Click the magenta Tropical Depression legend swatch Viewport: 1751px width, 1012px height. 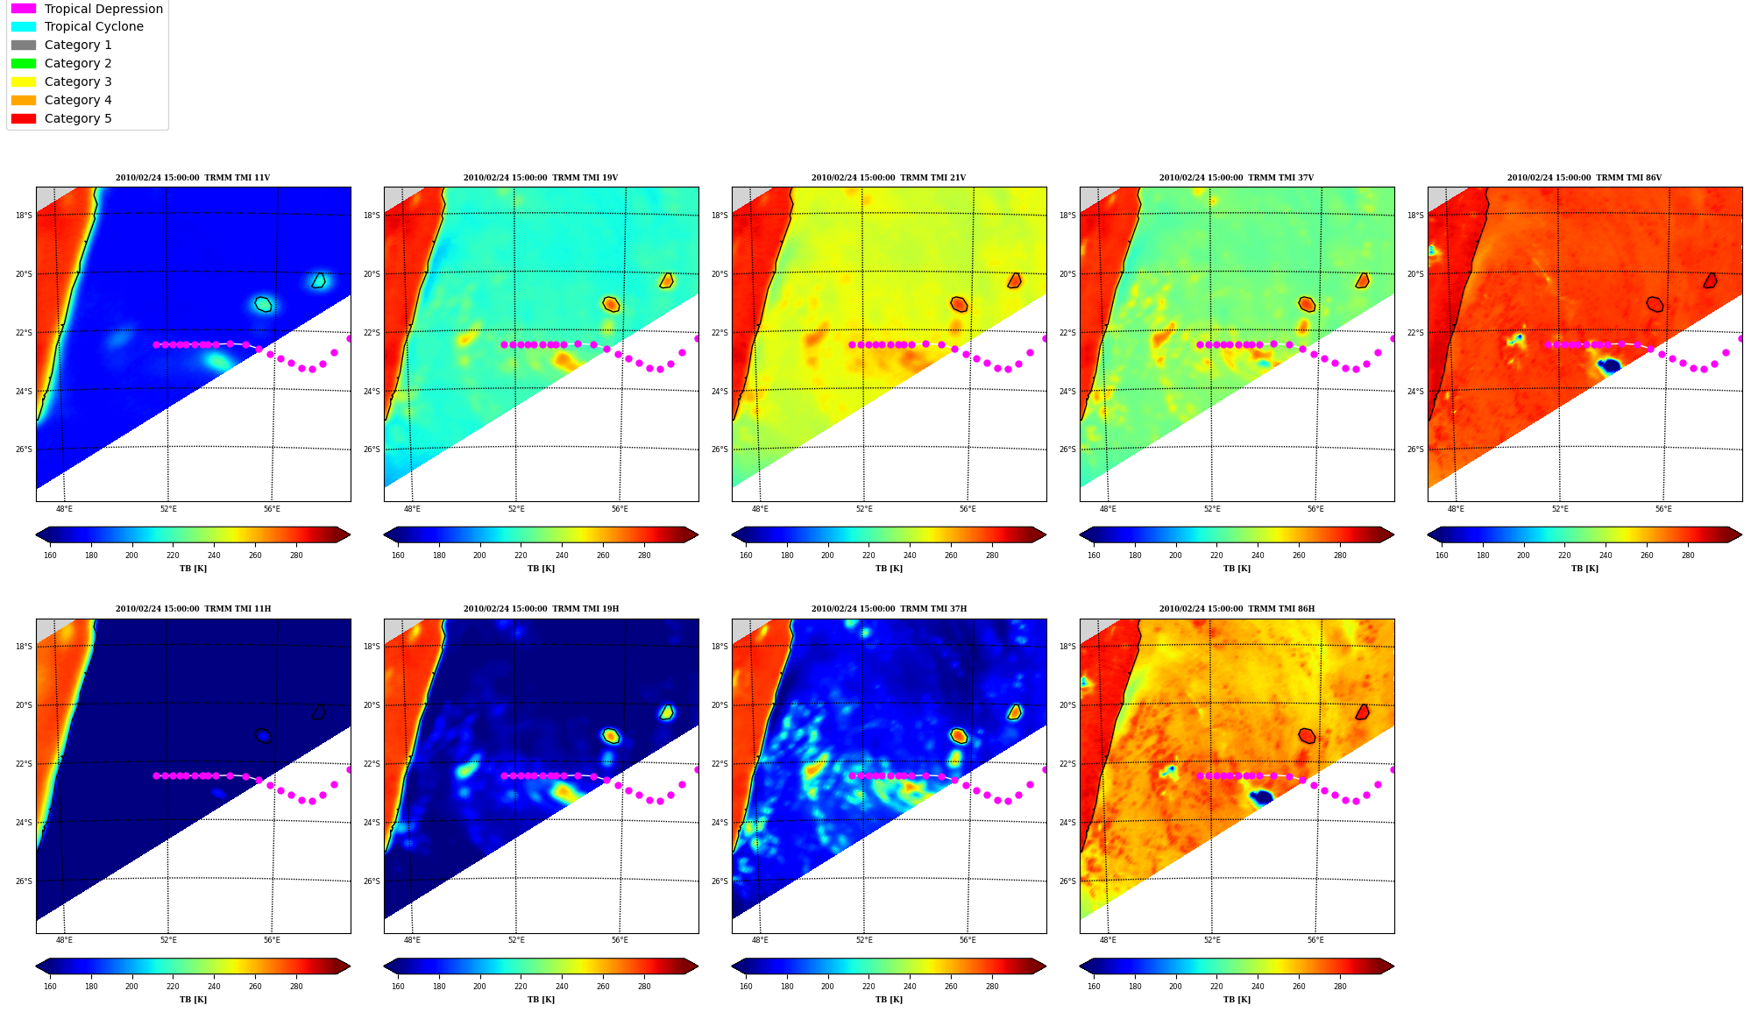click(24, 9)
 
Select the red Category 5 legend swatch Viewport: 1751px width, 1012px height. click(24, 118)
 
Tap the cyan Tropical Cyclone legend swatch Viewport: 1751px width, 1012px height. click(24, 26)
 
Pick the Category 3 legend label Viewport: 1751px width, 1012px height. click(78, 81)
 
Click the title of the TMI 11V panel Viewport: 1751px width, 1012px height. click(193, 178)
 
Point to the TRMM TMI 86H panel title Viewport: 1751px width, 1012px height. click(1237, 609)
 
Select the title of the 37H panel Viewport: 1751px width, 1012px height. click(889, 609)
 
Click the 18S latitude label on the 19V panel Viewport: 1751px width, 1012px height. click(372, 216)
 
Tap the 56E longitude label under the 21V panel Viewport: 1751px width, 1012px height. click(968, 509)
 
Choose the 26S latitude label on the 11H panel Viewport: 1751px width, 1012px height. click(24, 881)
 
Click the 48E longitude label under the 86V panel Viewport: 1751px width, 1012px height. click(1456, 509)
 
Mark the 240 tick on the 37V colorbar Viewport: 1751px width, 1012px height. click(1258, 556)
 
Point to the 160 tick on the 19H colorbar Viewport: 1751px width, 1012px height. click(398, 987)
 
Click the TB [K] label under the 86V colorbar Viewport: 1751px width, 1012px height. click(1584, 569)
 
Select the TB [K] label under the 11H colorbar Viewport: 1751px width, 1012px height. click(193, 1000)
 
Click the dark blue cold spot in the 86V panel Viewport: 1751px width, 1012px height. click(1609, 365)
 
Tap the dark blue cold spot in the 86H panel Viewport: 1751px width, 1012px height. click(1261, 796)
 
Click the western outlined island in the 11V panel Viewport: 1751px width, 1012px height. click(263, 304)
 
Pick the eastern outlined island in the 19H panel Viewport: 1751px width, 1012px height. click(667, 712)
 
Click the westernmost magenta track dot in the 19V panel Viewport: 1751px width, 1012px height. click(504, 344)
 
